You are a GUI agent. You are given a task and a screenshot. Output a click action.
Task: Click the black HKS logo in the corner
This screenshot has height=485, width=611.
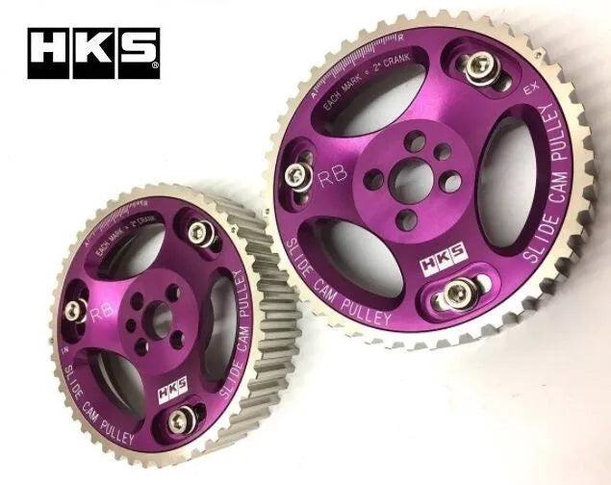point(93,53)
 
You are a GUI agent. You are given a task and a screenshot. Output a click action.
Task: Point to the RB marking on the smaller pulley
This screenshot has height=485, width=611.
point(98,313)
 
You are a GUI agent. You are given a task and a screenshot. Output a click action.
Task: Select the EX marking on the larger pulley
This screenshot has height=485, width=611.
point(528,89)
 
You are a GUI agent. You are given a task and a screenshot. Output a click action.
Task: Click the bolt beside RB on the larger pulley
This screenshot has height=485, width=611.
point(299,174)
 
